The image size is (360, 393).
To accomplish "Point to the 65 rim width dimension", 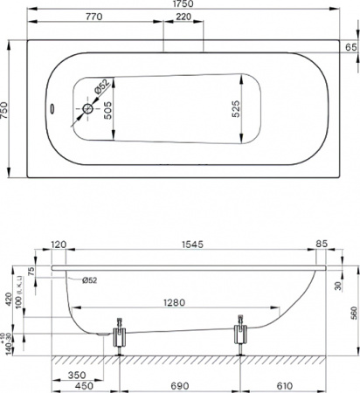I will point(350,46).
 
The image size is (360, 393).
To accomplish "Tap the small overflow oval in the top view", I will point(51,110).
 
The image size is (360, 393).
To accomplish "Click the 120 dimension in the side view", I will point(59,245).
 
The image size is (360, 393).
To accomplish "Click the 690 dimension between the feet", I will point(178,385).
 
